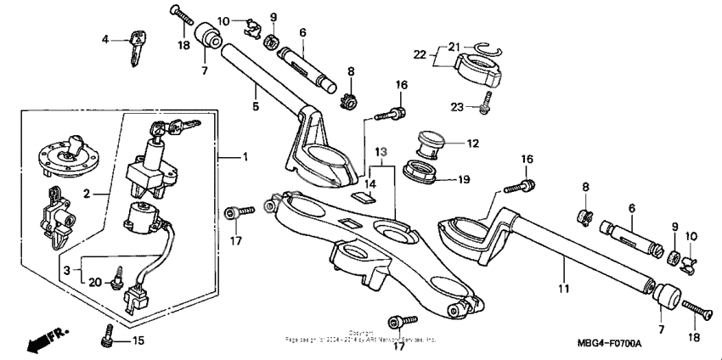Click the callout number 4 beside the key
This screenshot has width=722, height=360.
point(106,39)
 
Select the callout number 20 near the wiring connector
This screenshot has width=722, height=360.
point(97,282)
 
